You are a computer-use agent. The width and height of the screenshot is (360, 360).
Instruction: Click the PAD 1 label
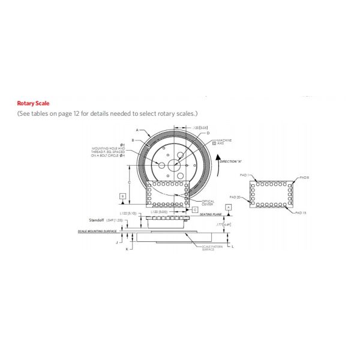pos(244,175)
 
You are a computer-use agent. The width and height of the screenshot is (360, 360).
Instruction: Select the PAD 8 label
pos(304,178)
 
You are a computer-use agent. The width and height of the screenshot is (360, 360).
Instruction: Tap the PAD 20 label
pos(235,197)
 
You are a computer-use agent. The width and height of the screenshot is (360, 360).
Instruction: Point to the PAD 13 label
pos(301,213)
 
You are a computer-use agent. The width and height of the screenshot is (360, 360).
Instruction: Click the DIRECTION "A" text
pos(230,162)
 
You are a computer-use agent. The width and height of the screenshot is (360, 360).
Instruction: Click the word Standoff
pos(97,221)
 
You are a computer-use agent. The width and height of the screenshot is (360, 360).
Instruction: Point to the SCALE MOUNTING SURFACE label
pos(96,232)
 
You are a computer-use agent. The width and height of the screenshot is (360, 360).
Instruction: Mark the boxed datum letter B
pos(122,196)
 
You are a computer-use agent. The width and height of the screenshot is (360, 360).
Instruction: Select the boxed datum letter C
pos(196,209)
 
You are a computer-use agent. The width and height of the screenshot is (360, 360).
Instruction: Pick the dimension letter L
pos(232,246)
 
